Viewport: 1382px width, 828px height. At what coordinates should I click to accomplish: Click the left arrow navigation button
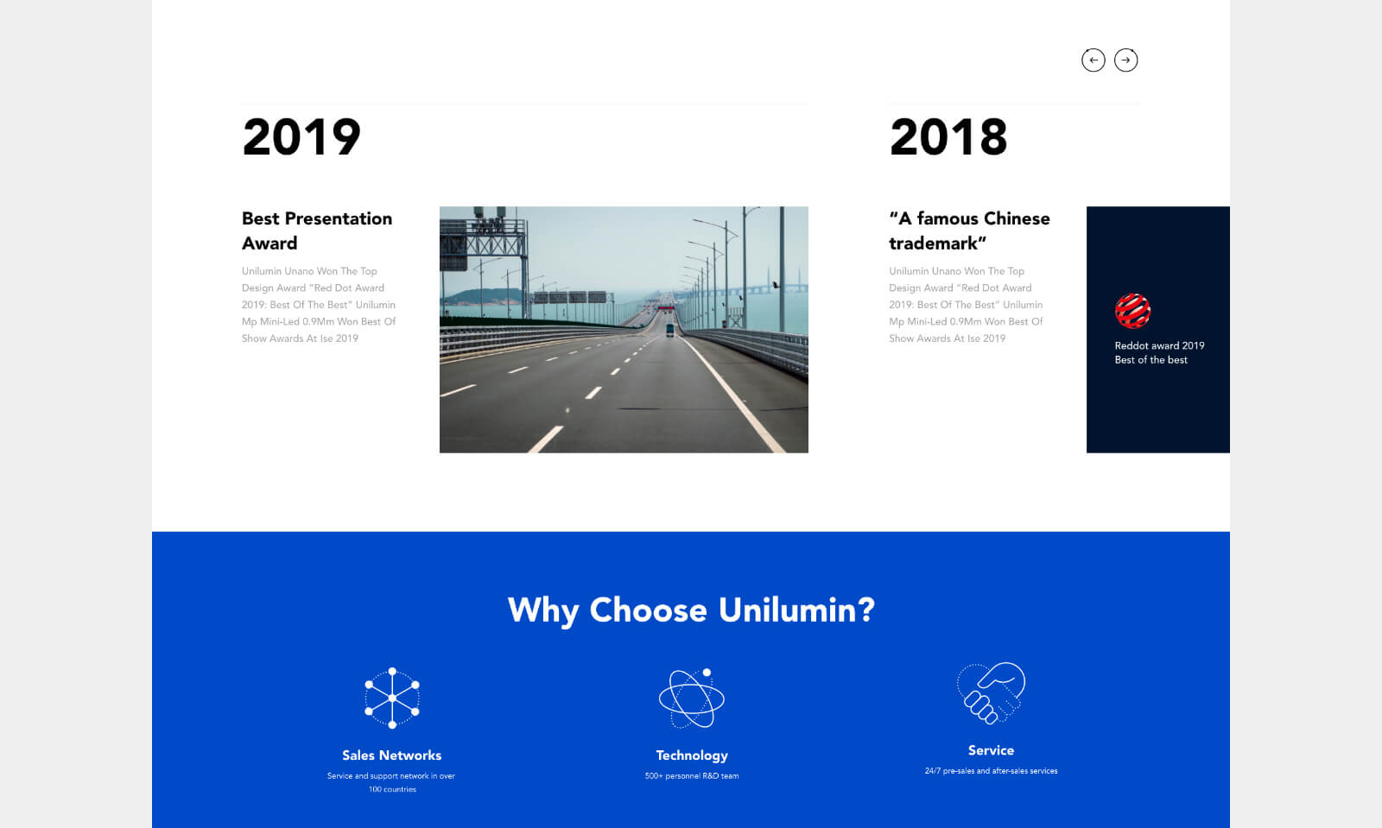pos(1093,60)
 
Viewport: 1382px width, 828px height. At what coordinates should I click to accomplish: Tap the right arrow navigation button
pos(1125,60)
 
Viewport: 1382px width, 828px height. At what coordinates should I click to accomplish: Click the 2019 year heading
pos(301,136)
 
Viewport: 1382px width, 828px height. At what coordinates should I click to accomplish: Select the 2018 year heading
pos(948,136)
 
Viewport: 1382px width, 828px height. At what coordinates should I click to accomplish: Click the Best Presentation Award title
pos(317,231)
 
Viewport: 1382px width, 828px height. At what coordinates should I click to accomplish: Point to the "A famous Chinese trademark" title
pos(969,231)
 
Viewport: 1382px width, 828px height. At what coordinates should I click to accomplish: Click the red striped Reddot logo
pos(1132,310)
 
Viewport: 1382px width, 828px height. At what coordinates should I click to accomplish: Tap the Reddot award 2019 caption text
pos(1159,352)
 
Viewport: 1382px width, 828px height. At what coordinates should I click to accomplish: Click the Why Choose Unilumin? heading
pos(691,610)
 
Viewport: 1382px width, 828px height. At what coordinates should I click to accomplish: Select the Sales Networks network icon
pos(392,698)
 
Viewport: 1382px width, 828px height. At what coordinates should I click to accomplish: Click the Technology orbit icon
pos(692,698)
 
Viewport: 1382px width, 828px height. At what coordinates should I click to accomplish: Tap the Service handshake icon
pos(991,693)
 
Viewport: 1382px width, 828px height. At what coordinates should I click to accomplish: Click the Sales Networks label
pos(392,755)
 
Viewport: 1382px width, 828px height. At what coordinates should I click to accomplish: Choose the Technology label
pos(692,755)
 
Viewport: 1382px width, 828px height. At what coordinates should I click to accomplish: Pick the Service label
pos(991,750)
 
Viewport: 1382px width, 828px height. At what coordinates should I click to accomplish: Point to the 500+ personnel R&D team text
pos(692,775)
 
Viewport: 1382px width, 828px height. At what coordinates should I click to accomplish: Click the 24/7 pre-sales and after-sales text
pos(991,771)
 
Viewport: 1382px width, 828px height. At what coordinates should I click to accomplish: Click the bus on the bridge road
pos(670,330)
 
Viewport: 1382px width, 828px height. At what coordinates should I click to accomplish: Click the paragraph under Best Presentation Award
pos(319,305)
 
